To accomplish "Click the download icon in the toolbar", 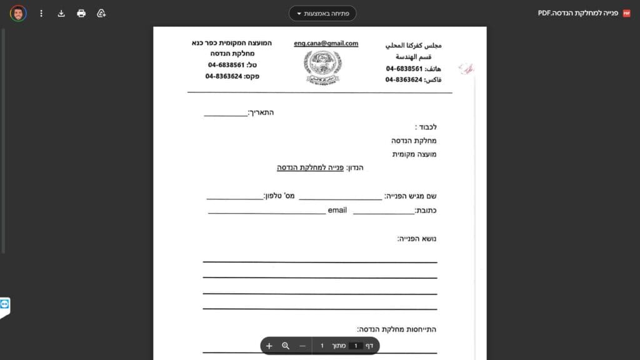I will click(x=61, y=13).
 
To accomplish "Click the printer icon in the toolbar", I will click(x=81, y=13).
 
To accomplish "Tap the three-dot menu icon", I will click(x=41, y=13).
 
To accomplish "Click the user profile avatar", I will click(x=18, y=13).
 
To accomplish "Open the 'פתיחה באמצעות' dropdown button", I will click(x=322, y=13).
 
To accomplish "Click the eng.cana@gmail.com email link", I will click(x=326, y=44).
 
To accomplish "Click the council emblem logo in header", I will click(x=323, y=67).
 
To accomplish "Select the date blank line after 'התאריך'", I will click(x=226, y=114).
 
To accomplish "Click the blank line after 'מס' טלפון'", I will click(x=234, y=198).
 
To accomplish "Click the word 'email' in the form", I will click(x=337, y=211).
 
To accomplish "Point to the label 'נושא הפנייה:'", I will click(x=417, y=239).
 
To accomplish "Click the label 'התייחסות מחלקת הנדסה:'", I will click(x=397, y=329).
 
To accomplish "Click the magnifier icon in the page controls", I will click(x=286, y=346).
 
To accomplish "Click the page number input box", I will click(x=356, y=346).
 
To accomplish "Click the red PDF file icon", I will click(x=627, y=13).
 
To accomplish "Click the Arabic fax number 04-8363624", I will click(x=404, y=80).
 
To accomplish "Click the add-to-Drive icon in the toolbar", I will click(x=101, y=13).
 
